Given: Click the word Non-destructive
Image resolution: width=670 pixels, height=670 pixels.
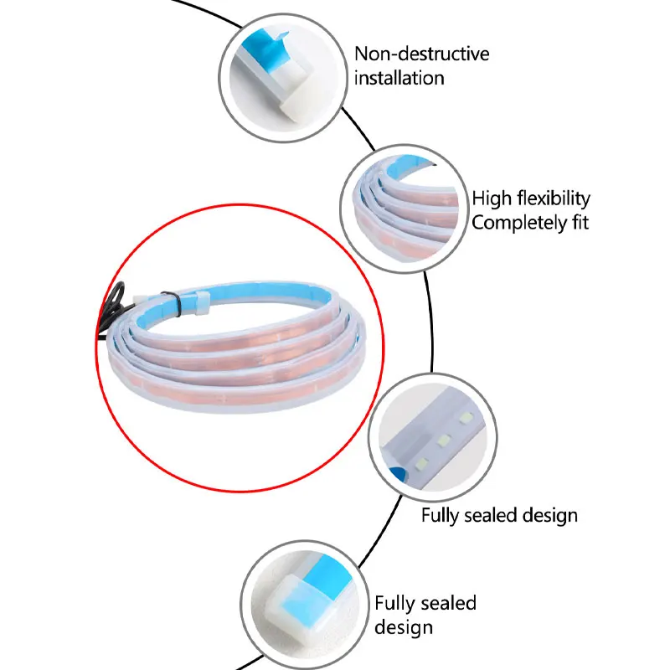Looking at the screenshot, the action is [422, 54].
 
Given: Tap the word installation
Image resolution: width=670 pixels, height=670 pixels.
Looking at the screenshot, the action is [399, 78].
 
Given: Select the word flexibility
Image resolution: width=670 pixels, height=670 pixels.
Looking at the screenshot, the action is [554, 198].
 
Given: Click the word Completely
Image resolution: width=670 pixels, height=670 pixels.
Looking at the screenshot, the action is [519, 223].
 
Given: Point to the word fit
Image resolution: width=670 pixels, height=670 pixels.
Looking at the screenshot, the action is [580, 223].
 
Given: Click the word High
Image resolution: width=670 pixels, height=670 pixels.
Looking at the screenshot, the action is [492, 198].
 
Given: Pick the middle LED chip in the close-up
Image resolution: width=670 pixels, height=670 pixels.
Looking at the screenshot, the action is [445, 440].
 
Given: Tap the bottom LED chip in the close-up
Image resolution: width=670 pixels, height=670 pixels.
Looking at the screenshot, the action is [422, 462].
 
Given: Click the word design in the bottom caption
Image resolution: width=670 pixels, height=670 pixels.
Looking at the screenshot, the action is [404, 627].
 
